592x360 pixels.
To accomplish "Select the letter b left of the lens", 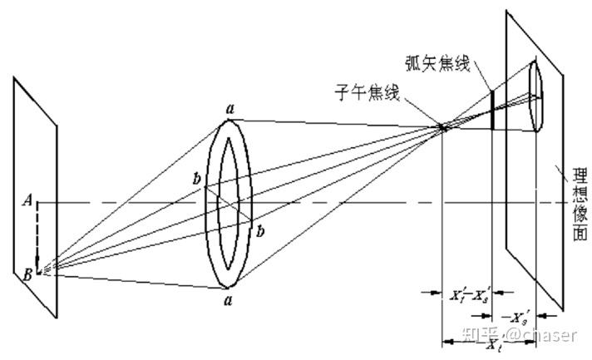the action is (196, 180).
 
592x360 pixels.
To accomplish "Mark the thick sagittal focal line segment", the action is (492, 110).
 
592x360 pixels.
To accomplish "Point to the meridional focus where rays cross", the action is (444, 127).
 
